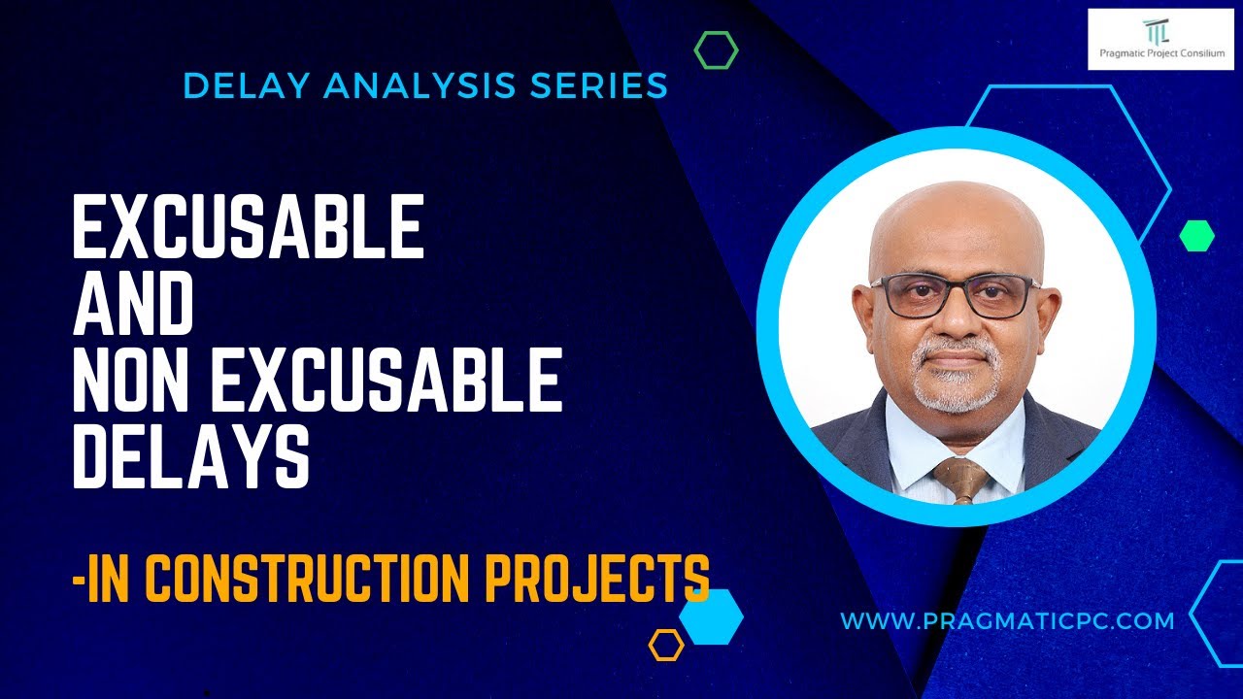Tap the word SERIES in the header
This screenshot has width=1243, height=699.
[x=599, y=85]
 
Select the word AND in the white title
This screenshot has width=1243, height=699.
[x=133, y=305]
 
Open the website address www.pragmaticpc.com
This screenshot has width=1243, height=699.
[x=1007, y=620]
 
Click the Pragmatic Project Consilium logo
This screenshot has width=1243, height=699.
[x=1156, y=40]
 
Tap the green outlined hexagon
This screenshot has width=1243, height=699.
[x=716, y=50]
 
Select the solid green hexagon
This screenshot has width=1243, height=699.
[x=1196, y=235]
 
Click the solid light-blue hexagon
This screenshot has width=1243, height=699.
[x=712, y=616]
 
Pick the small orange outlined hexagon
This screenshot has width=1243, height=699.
[x=666, y=645]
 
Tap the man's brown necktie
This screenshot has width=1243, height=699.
[x=959, y=480]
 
